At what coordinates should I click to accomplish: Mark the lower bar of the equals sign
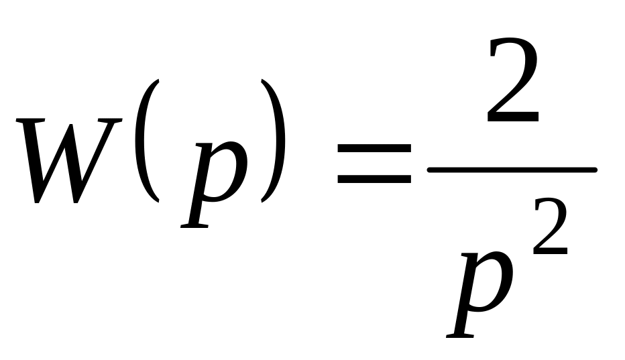[x=374, y=180]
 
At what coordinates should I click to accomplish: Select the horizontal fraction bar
[x=511, y=170]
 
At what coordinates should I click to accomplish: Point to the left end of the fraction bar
[x=431, y=170]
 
